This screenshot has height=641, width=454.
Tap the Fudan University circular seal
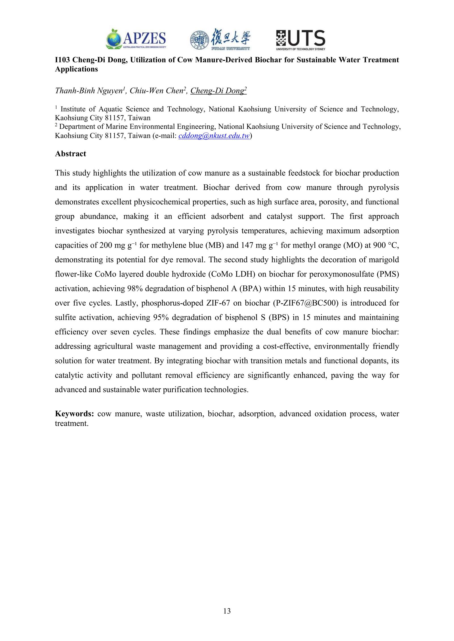pyautogui.click(x=198, y=39)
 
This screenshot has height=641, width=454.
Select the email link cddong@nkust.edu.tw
pyautogui.click(x=214, y=136)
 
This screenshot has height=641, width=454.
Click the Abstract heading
pyautogui.click(x=70, y=154)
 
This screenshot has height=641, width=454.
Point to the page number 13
pyautogui.click(x=227, y=611)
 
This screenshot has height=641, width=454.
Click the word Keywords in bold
pyautogui.click(x=74, y=414)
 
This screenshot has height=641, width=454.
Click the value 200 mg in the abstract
pyautogui.click(x=113, y=245)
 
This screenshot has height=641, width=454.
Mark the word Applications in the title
pyautogui.click(x=76, y=69)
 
